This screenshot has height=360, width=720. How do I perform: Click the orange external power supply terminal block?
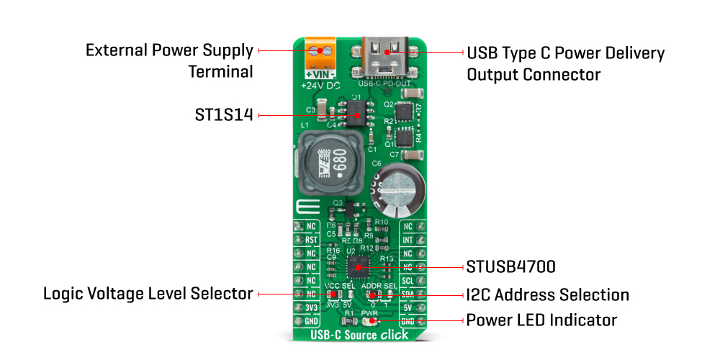coord(321,53)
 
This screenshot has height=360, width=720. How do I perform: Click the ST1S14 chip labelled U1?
coord(354,109)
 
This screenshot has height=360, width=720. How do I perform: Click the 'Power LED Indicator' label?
coord(541,320)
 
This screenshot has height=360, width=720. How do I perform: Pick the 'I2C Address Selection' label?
coord(548,294)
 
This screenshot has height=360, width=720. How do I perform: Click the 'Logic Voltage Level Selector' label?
coord(148,294)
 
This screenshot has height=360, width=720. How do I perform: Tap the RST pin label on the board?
coord(311,240)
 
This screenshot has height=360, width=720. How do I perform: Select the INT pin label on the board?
coord(408,240)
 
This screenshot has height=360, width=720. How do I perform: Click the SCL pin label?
coord(408,280)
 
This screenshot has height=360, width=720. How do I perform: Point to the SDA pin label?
coord(408,294)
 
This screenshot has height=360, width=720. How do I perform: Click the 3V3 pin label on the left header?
coord(311,307)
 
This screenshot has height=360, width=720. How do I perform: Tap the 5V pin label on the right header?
coord(408,307)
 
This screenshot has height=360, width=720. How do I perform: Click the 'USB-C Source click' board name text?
coord(359,335)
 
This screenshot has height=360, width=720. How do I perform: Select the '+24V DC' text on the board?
coord(321,86)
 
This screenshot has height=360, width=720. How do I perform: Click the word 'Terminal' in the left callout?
coord(221,71)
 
